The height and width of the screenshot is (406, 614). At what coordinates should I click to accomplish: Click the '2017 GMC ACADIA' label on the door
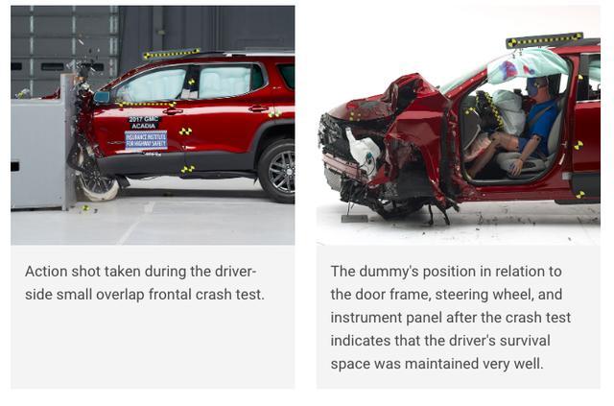(144, 122)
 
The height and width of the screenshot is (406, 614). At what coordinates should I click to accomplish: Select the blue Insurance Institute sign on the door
(146, 140)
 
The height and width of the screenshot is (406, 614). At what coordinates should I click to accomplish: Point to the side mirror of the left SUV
(102, 97)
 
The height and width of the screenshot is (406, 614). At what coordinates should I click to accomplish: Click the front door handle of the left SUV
(173, 111)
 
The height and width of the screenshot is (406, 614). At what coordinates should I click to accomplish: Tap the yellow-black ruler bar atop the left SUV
(172, 53)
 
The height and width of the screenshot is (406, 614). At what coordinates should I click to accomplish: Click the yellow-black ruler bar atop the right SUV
(544, 40)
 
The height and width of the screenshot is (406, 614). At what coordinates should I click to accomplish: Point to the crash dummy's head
(535, 85)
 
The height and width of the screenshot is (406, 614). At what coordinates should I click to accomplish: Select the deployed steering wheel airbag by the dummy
(509, 110)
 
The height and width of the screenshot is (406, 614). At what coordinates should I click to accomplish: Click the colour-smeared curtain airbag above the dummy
(526, 66)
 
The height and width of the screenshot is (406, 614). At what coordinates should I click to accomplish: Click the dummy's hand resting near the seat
(516, 169)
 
